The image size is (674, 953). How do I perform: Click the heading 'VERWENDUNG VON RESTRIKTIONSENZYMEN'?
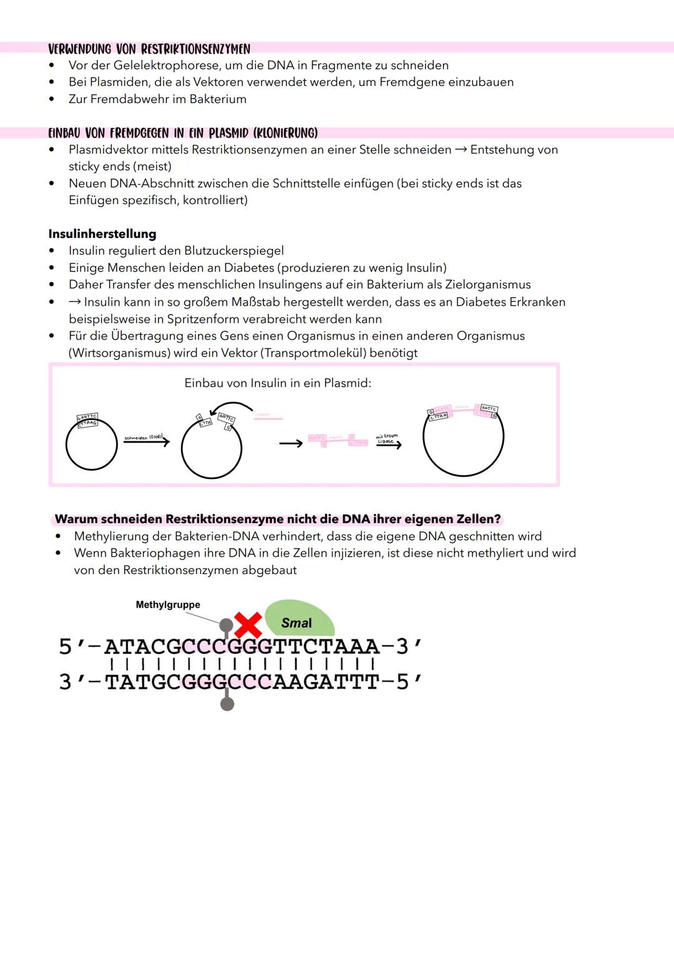tap(149, 49)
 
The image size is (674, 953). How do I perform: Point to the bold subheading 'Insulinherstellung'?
tap(102, 234)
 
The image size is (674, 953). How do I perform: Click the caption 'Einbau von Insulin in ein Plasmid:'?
tap(278, 383)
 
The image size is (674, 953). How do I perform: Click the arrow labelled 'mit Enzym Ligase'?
tap(388, 444)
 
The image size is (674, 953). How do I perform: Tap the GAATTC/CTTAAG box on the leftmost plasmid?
tap(87, 419)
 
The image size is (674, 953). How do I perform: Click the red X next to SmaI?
tap(248, 625)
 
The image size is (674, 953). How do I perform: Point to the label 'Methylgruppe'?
tap(168, 605)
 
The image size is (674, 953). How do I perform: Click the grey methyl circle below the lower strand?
tap(227, 704)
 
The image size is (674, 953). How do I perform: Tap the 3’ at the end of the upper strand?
tap(409, 647)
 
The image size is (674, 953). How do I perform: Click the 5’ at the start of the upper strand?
tap(71, 647)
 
